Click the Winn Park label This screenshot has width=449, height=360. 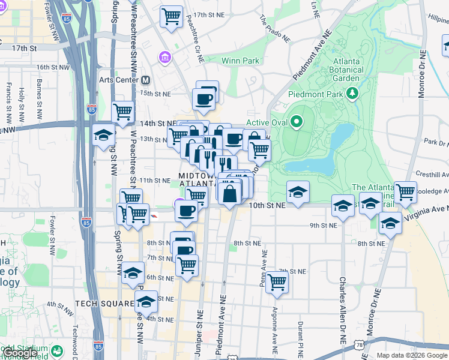(240, 61)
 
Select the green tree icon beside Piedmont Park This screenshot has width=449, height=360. (353, 93)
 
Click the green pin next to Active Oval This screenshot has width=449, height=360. (297, 122)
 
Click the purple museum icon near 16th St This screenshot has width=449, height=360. (164, 57)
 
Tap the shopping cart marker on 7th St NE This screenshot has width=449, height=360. (277, 281)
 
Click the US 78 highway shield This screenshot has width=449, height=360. (359, 346)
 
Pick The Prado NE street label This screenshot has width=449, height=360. (275, 29)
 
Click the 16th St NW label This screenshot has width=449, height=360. (50, 67)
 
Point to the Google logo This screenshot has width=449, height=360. (19, 353)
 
